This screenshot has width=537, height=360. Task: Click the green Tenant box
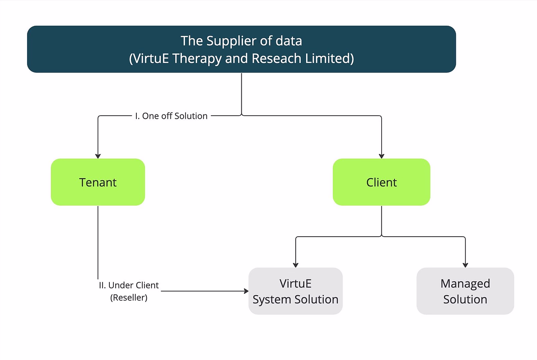pyautogui.click(x=98, y=182)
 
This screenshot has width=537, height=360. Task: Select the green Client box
pyautogui.click(x=382, y=182)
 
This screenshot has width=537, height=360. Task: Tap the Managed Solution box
pyautogui.click(x=465, y=291)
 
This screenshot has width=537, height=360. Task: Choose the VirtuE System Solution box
pyautogui.click(x=296, y=291)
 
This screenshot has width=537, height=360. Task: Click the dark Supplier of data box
pyautogui.click(x=241, y=49)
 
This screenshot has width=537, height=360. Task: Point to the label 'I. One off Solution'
pyautogui.click(x=171, y=116)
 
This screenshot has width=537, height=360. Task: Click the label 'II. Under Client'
pyautogui.click(x=129, y=285)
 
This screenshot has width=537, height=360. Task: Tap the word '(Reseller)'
pyautogui.click(x=129, y=297)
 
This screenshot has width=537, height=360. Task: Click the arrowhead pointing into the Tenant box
pyautogui.click(x=98, y=156)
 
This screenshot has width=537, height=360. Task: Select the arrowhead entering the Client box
pyautogui.click(x=382, y=156)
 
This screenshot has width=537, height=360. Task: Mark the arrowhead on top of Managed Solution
pyautogui.click(x=465, y=265)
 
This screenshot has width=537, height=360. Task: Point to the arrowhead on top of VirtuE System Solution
pyautogui.click(x=296, y=265)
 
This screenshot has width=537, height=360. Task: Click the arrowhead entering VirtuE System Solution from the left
pyautogui.click(x=246, y=291)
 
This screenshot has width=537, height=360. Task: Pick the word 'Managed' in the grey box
pyautogui.click(x=465, y=283)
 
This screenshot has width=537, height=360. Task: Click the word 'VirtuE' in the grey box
pyautogui.click(x=296, y=283)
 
